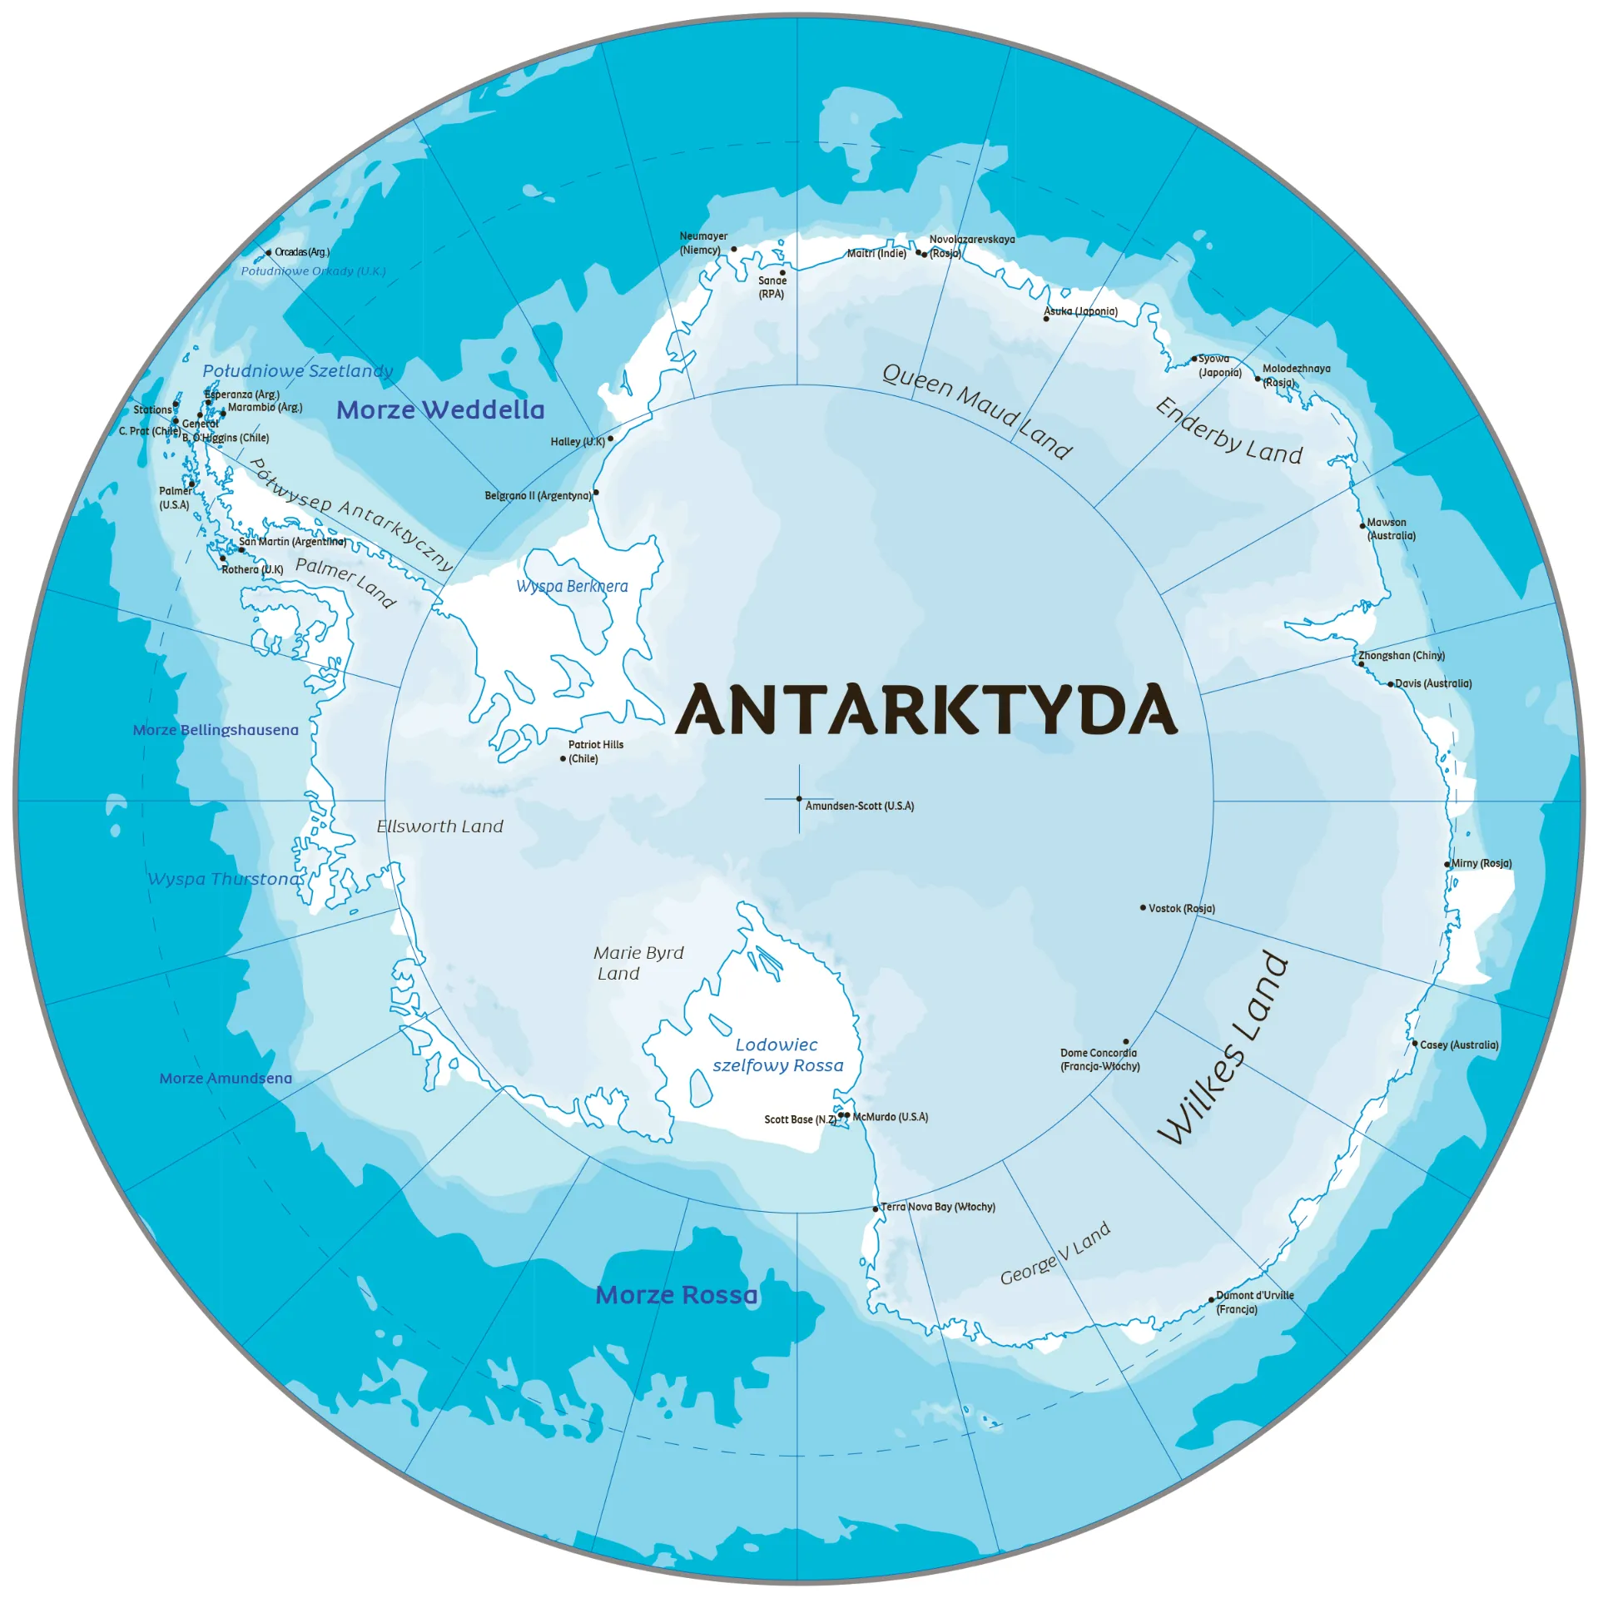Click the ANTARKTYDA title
(x=926, y=709)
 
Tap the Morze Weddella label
(x=440, y=409)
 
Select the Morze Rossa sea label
(x=677, y=1295)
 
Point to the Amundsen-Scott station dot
(x=799, y=799)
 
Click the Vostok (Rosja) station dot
(x=1143, y=908)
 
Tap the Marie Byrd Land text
(x=638, y=963)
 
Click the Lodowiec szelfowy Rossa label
(x=777, y=1055)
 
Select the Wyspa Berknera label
(x=572, y=586)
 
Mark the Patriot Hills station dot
(x=563, y=759)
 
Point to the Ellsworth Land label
(x=439, y=826)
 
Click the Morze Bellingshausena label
(x=216, y=730)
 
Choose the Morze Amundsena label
(x=226, y=1079)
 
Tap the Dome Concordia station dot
(x=1126, y=1042)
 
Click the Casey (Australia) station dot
(x=1414, y=1044)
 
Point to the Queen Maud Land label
(x=977, y=411)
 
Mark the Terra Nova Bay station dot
(x=876, y=1208)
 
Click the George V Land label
(x=1055, y=1253)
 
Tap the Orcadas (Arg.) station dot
(x=269, y=252)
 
